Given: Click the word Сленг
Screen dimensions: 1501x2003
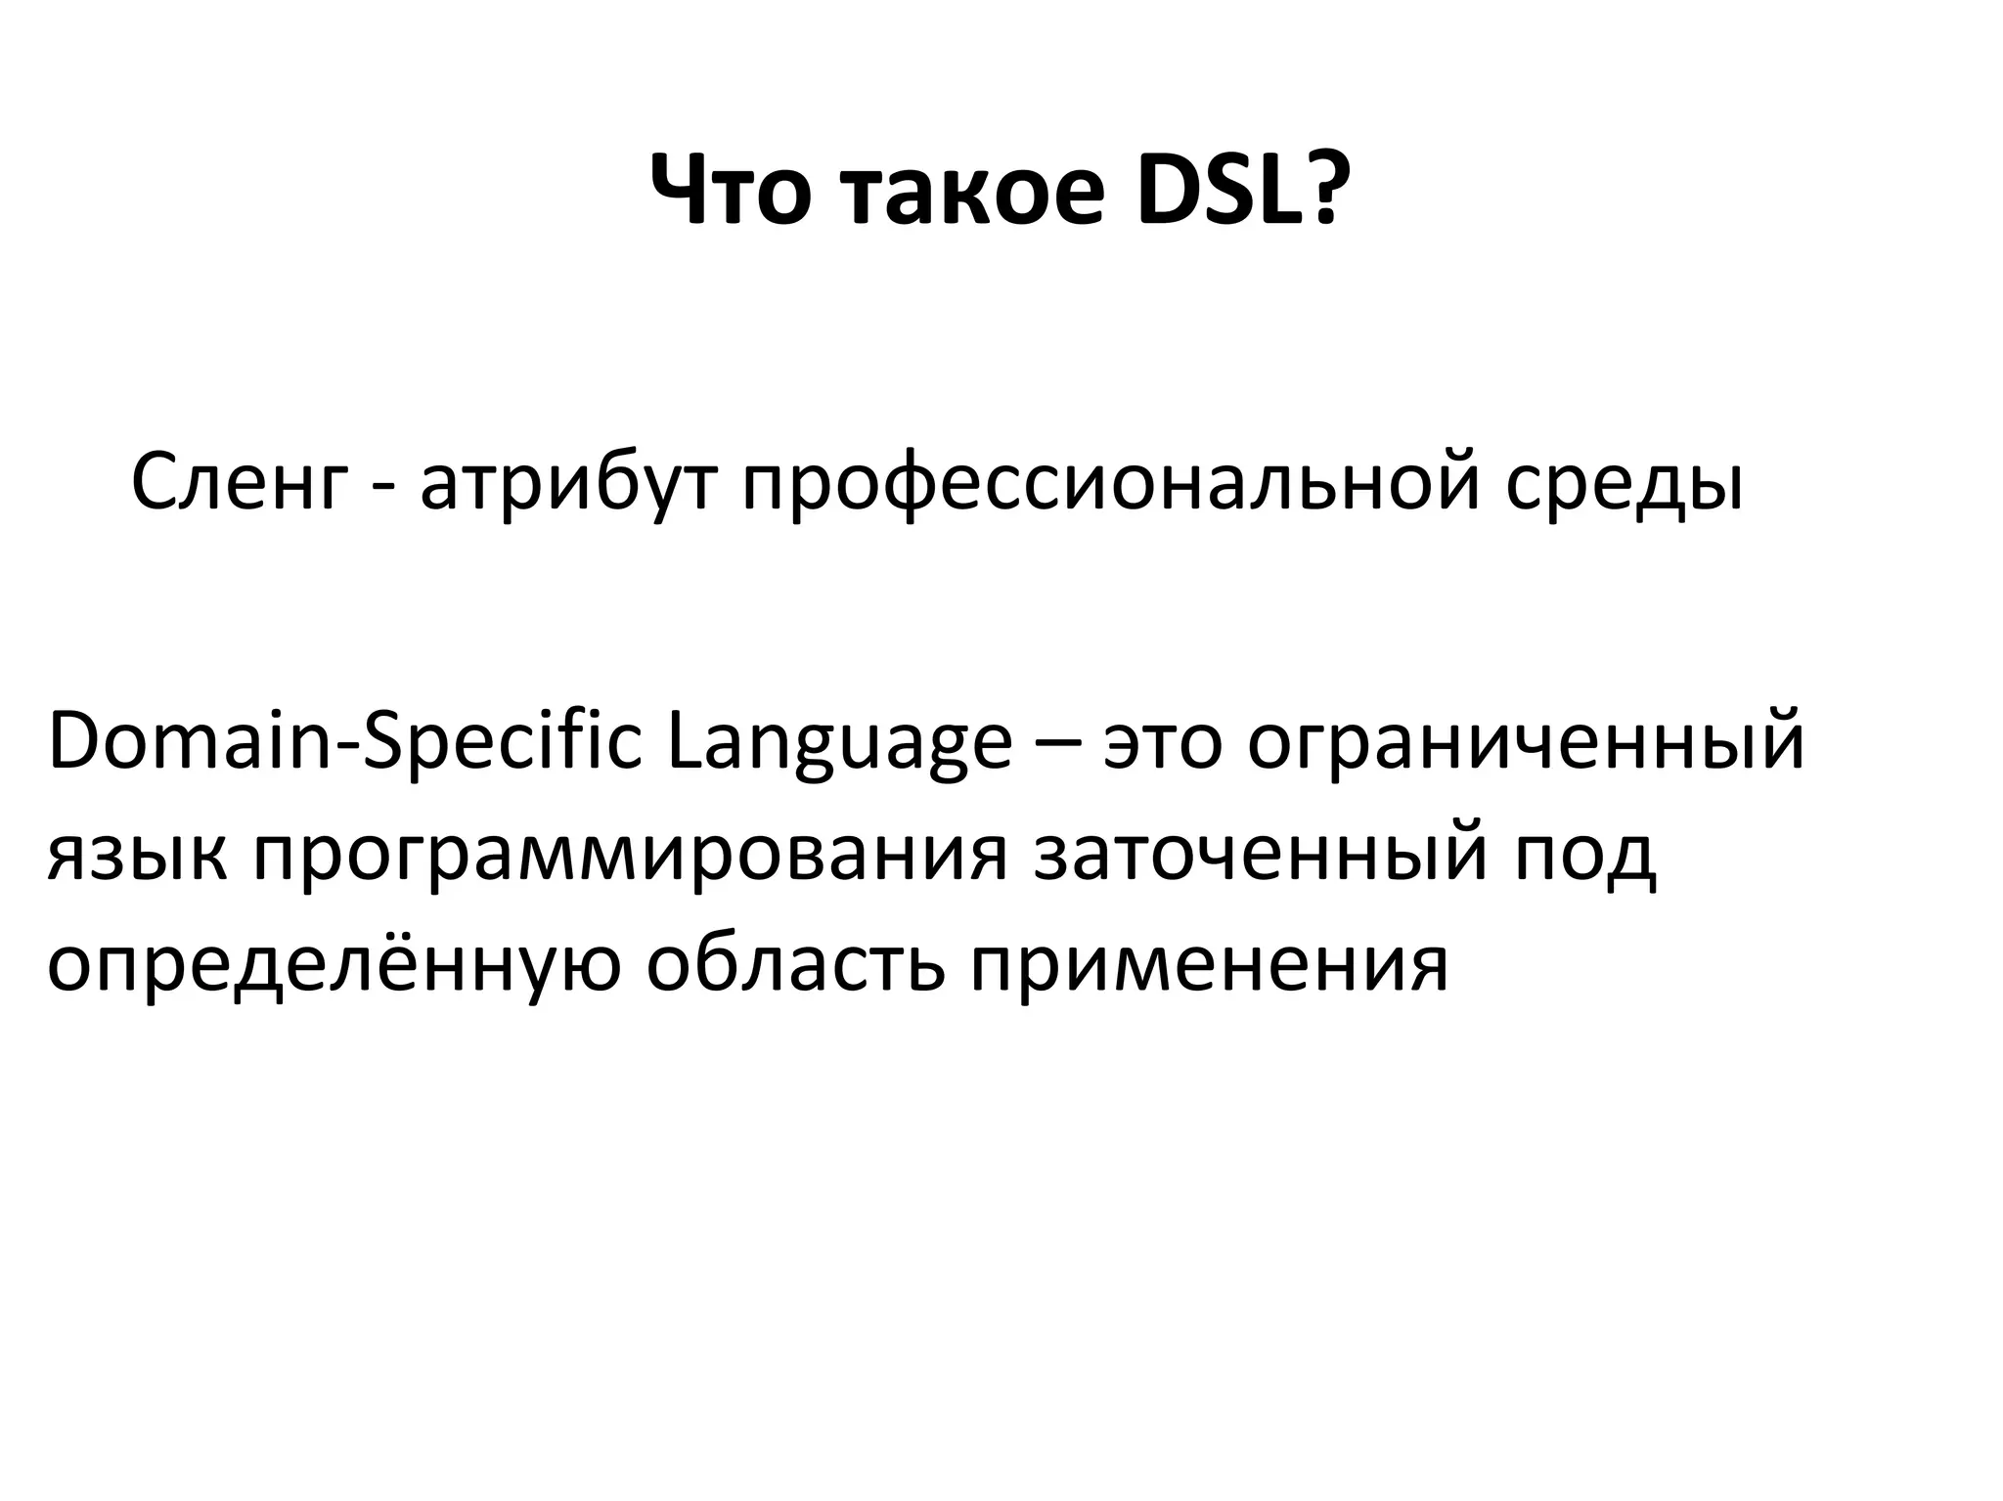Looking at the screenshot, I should (241, 484).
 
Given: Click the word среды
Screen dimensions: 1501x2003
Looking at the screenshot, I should (1624, 484).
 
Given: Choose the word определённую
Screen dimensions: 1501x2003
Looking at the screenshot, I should (333, 963).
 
